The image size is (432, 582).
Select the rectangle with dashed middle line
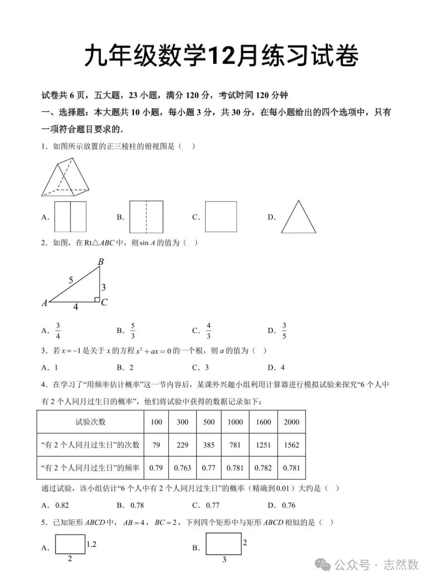click(x=146, y=217)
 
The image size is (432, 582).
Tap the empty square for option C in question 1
click(x=221, y=217)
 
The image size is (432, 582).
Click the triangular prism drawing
click(x=65, y=177)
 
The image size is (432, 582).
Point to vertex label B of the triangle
click(x=101, y=262)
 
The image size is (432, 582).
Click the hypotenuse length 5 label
click(x=71, y=280)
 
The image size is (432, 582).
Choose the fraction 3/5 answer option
click(x=284, y=331)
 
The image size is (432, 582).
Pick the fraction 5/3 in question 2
click(x=133, y=331)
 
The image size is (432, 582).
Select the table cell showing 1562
click(x=291, y=445)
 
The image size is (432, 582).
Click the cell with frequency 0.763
click(x=182, y=468)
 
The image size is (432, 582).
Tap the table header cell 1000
click(x=235, y=422)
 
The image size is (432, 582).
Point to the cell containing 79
click(x=156, y=445)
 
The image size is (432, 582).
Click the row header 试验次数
click(x=90, y=422)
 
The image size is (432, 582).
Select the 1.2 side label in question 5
click(x=91, y=544)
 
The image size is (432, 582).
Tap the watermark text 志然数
click(x=401, y=564)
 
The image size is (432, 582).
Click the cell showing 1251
click(x=263, y=445)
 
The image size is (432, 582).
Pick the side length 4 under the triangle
click(x=75, y=307)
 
